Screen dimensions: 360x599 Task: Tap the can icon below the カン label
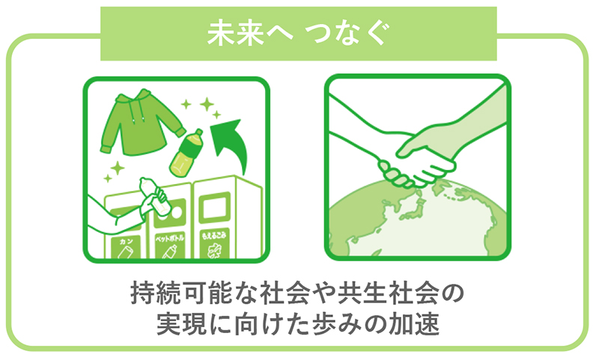tap(126, 254)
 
